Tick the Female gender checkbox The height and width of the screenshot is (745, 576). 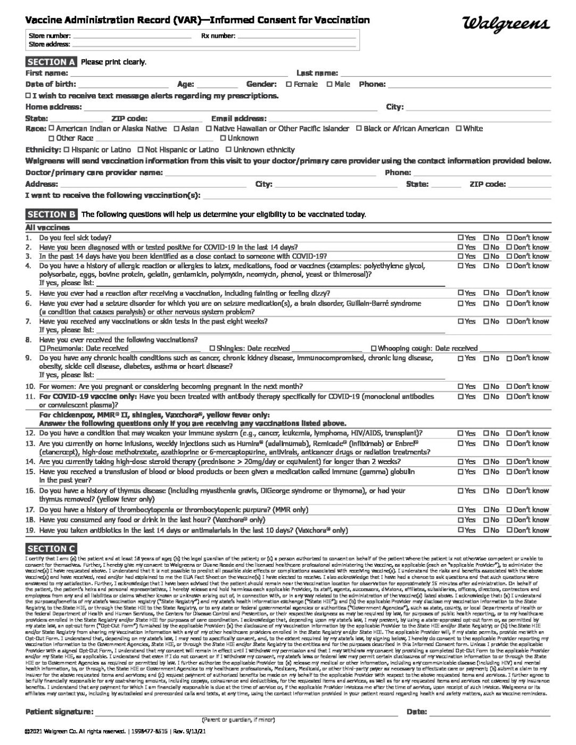[x=289, y=84]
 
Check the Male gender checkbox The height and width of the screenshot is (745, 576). [x=330, y=84]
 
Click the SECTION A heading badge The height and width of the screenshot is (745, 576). [x=51, y=62]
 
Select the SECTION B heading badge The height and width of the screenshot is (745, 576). [x=51, y=214]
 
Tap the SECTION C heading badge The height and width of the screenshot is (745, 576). [x=51, y=549]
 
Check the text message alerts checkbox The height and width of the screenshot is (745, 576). [x=28, y=96]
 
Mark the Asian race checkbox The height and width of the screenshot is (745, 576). [x=177, y=129]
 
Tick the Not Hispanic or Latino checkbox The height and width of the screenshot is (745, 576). [x=140, y=150]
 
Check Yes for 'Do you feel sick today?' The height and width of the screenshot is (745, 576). [x=460, y=238]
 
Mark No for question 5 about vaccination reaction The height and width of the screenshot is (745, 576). [x=486, y=293]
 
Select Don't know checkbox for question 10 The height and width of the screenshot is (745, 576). [x=509, y=386]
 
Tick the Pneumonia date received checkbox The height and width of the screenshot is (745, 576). [x=43, y=349]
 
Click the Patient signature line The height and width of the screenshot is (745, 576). [x=245, y=712]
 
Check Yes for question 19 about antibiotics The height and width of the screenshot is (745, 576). [x=460, y=531]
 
